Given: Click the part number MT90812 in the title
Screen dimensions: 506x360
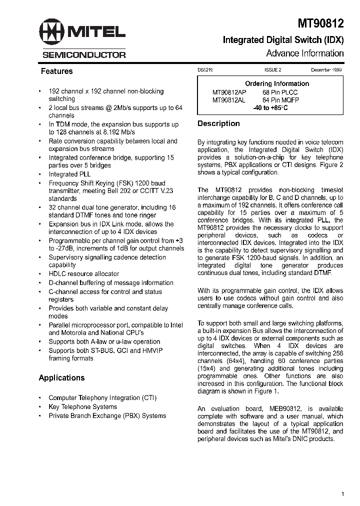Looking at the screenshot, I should (321, 23).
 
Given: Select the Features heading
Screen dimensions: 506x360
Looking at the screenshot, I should (56, 71).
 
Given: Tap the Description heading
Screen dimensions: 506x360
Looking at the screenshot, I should (218, 123).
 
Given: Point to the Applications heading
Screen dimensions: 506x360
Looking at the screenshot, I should (61, 378).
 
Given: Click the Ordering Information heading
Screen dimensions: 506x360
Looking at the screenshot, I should (277, 83).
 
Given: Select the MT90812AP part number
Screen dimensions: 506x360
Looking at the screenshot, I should (229, 92).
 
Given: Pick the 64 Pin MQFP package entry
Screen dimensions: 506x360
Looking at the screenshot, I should (280, 100).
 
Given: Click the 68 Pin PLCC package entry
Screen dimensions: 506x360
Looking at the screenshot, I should (279, 92).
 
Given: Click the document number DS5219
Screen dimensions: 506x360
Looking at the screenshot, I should (205, 71).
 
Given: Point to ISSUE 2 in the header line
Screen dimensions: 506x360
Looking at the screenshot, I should (273, 71).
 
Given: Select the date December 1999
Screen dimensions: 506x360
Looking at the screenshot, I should (326, 71).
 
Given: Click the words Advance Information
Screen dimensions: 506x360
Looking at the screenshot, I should (304, 53).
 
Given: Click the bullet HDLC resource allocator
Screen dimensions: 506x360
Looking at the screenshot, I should (83, 274).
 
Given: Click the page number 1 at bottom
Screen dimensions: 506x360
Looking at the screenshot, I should (342, 494).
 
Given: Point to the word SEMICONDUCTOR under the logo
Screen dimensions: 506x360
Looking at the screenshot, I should (83, 55).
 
